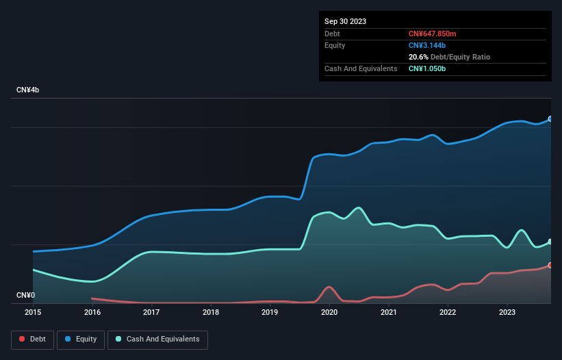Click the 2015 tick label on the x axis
[x=33, y=312]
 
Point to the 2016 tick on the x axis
[x=92, y=312]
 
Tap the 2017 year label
[x=151, y=312]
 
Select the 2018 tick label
[x=211, y=312]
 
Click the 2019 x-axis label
[x=270, y=312]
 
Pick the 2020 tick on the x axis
[x=329, y=312]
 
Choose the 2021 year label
[x=388, y=312]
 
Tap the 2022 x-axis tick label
[x=448, y=312]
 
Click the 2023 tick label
[x=507, y=312]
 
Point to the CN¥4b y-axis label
[x=28, y=90]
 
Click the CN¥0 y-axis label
[x=25, y=296]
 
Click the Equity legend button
[x=81, y=339]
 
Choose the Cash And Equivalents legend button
[x=157, y=339]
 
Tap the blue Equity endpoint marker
[x=550, y=119]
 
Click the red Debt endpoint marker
[x=550, y=265]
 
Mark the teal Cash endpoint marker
[x=550, y=242]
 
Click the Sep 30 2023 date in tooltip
[x=345, y=21]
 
